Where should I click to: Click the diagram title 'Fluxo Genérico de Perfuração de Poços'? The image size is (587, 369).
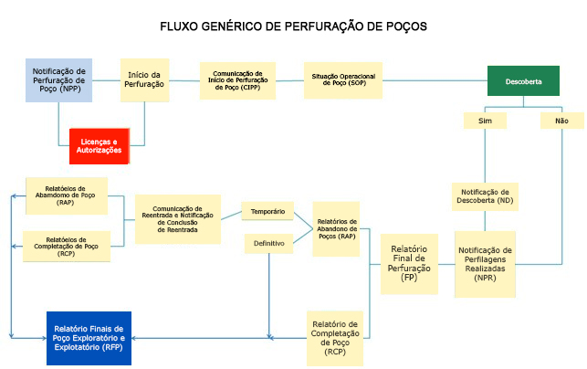tap(293, 26)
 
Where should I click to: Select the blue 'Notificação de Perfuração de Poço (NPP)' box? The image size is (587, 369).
tap(58, 79)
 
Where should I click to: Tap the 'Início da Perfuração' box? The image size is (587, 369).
tap(145, 79)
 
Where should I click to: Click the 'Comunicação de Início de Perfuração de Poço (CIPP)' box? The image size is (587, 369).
tap(237, 79)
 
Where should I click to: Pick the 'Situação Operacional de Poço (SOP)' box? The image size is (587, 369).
tap(342, 80)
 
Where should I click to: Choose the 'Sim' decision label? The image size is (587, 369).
tap(485, 121)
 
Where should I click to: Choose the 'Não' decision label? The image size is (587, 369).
tap(561, 121)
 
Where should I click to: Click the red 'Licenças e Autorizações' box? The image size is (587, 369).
tap(100, 146)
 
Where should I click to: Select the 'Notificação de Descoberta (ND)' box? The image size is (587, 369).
tap(485, 196)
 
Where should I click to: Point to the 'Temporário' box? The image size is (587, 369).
tap(267, 212)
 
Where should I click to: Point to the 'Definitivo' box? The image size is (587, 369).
tap(267, 244)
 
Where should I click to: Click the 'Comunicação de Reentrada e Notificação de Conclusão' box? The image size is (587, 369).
tap(178, 219)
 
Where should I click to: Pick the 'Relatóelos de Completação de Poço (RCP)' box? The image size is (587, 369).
tap(66, 246)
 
